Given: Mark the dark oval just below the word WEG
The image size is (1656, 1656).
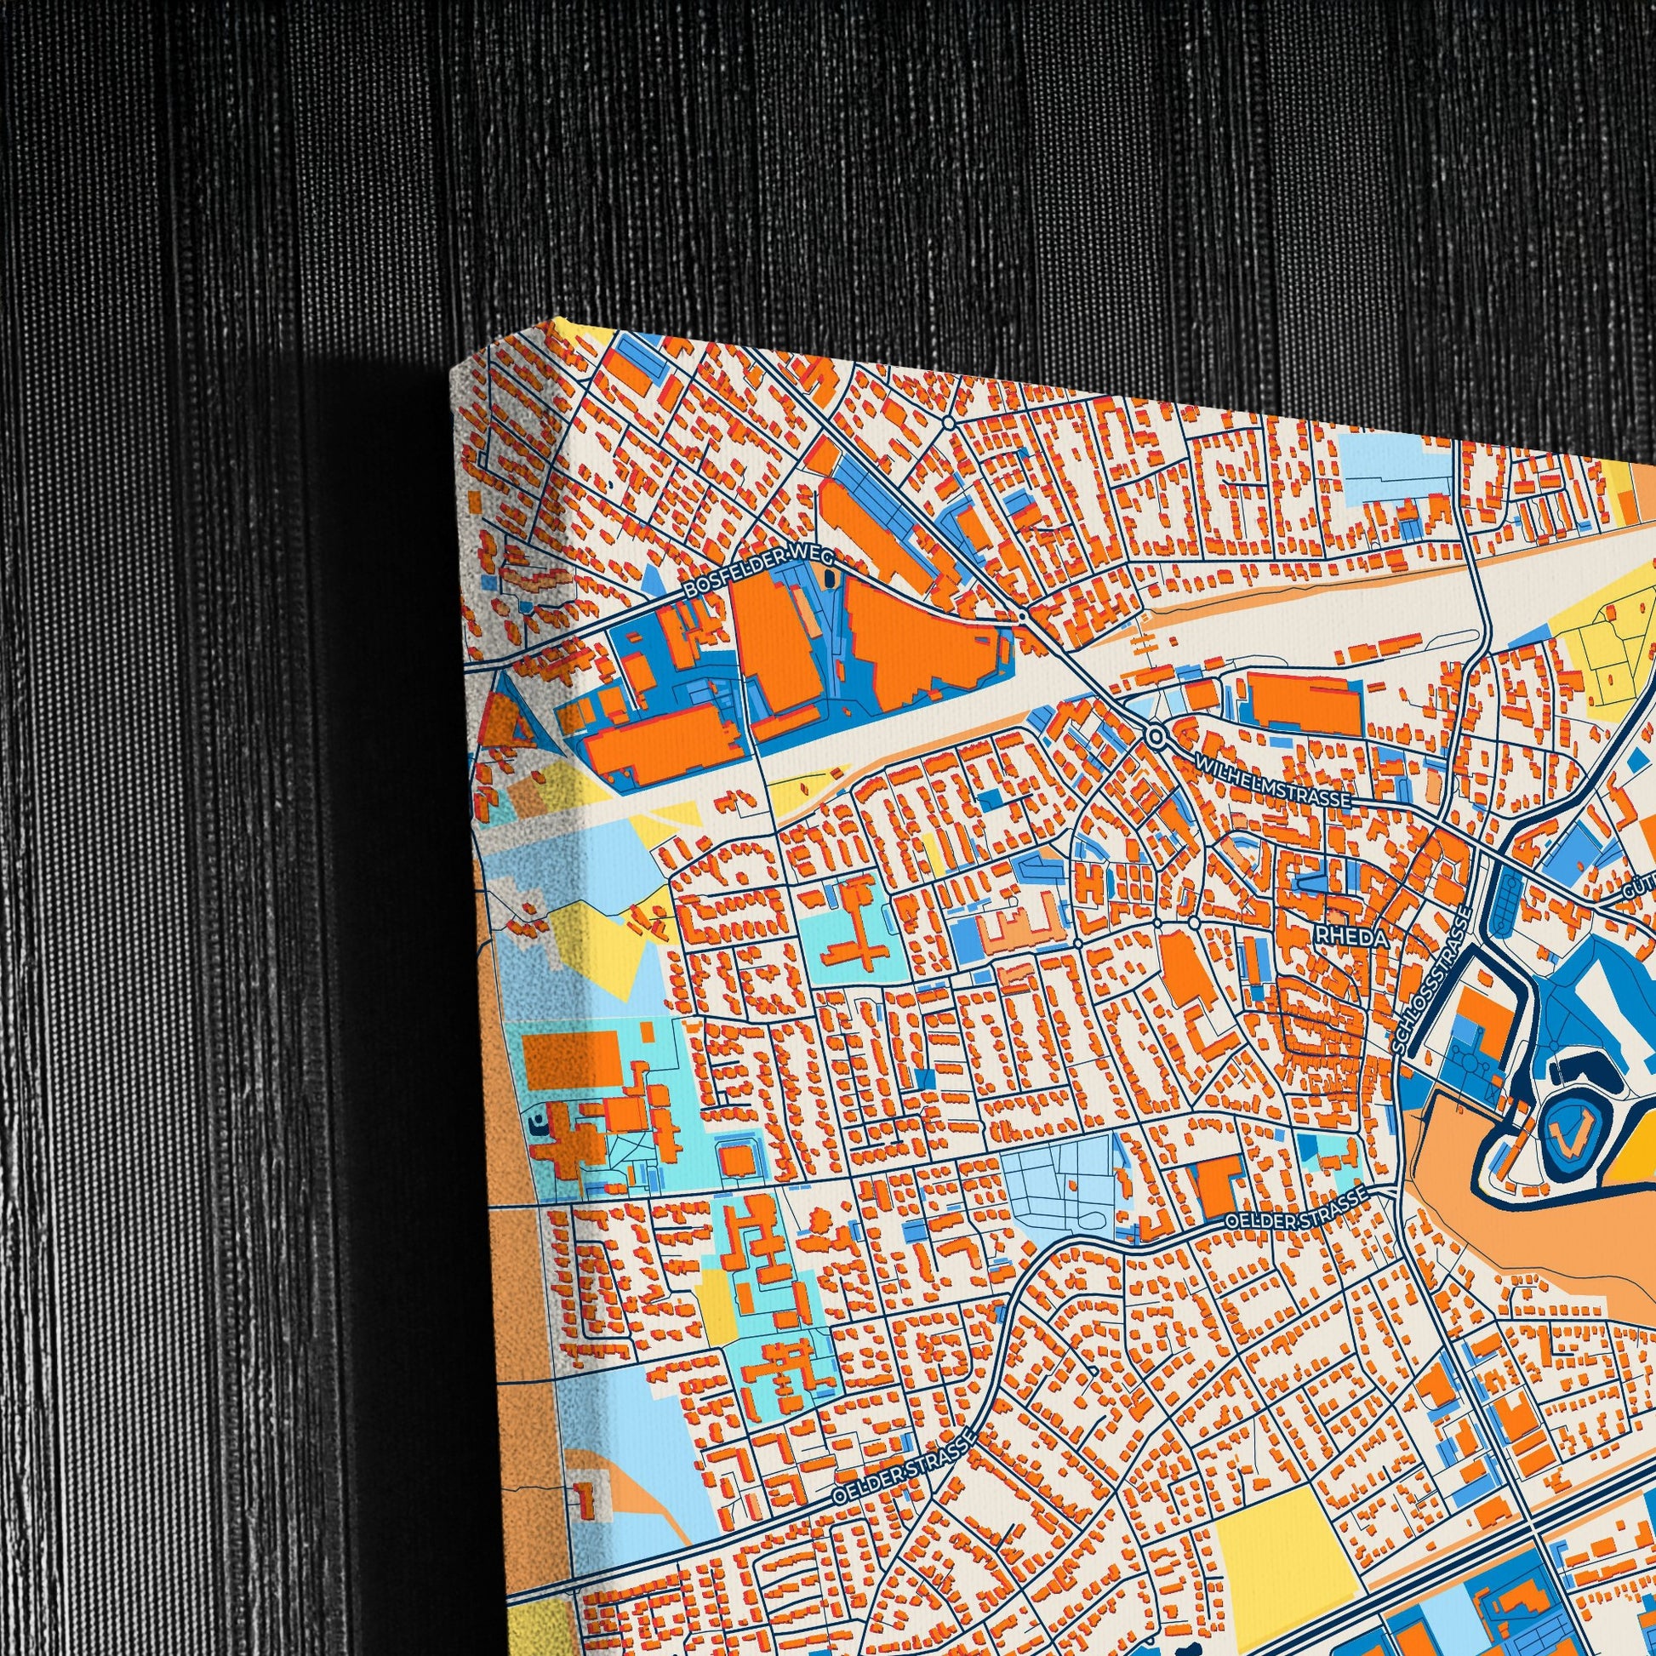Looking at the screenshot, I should (829, 579).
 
